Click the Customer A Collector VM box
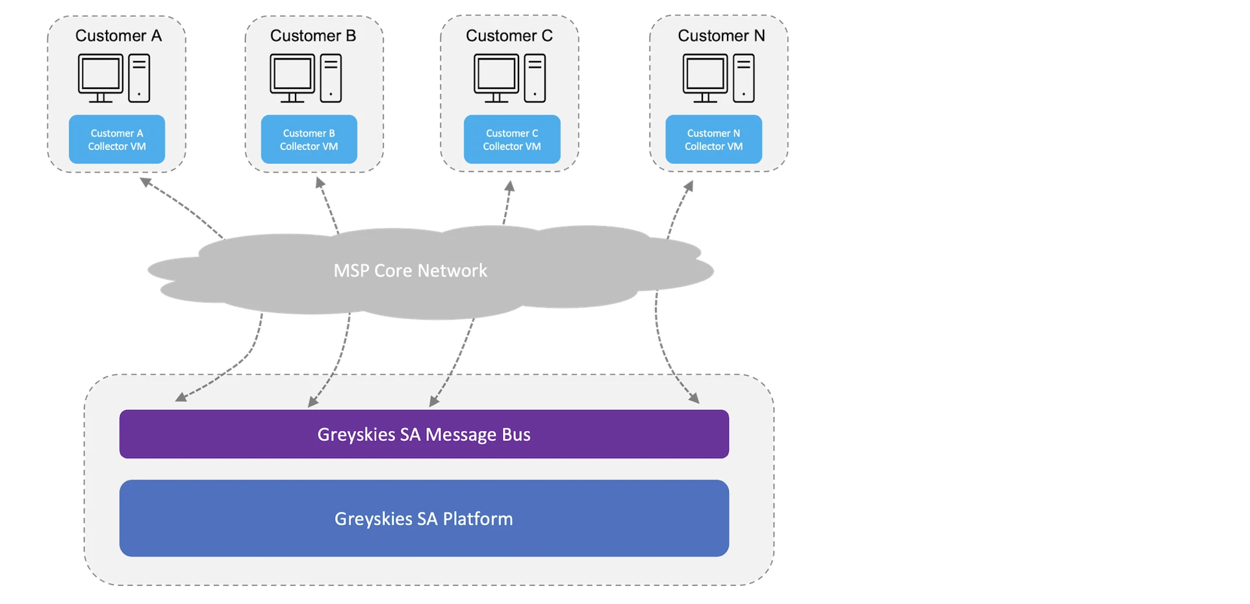[x=117, y=140]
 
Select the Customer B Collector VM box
[x=309, y=140]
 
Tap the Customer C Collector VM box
[x=512, y=140]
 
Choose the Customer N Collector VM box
[x=713, y=140]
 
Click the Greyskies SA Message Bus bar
[x=424, y=434]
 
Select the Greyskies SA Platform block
[x=424, y=518]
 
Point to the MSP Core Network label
[x=410, y=270]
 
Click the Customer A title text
[x=118, y=36]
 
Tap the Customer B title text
[x=313, y=36]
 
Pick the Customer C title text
[x=509, y=36]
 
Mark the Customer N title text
[x=721, y=36]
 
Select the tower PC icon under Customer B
[x=331, y=78]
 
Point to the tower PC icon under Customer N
[x=744, y=78]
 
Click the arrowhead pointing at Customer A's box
[x=146, y=182]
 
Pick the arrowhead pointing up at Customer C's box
[x=510, y=186]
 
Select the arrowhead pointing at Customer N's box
[x=689, y=186]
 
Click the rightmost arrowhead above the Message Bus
[x=695, y=398]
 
